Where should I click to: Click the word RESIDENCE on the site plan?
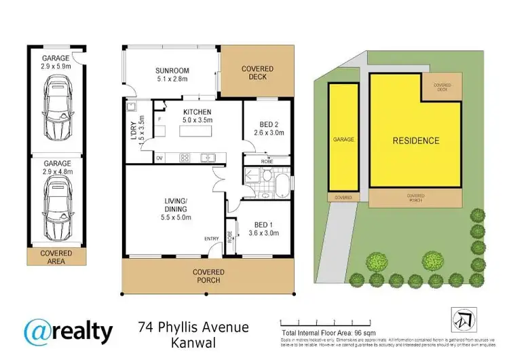click(416, 141)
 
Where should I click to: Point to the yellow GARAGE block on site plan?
click(343, 138)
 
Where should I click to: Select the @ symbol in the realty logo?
click(39, 332)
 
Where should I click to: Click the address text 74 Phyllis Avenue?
click(193, 327)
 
